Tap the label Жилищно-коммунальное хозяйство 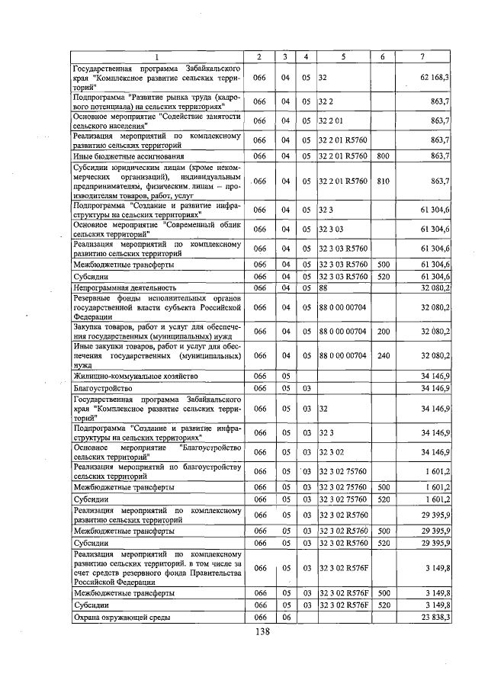(x=136, y=376)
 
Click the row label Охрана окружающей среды (x=120, y=617)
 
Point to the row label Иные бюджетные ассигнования (x=120, y=156)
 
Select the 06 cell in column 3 (x=284, y=617)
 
